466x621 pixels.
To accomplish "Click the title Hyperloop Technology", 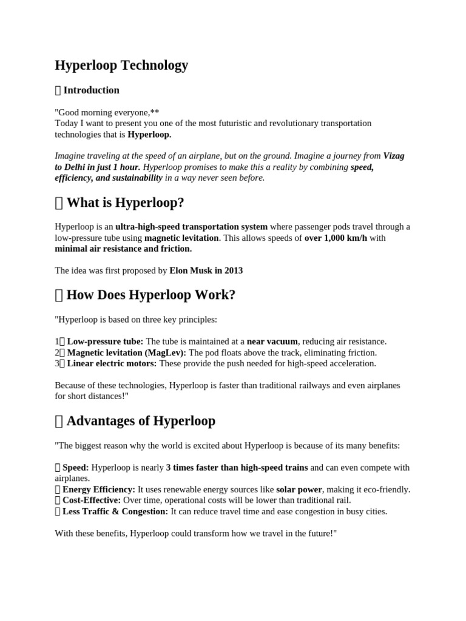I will pos(121,65).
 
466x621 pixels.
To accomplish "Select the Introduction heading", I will pos(91,90).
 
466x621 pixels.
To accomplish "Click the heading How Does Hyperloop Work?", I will pos(150,295).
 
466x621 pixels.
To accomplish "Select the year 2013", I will pos(232,270).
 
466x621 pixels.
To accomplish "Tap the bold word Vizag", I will pos(394,156).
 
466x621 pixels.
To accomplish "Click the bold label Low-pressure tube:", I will pos(105,341).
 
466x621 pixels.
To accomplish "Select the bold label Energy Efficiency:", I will pos(99,489).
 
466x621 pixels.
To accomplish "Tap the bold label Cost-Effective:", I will pos(92,500).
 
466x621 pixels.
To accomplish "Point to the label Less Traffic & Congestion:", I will pos(115,511).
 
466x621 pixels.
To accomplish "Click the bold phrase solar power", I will pos(299,489).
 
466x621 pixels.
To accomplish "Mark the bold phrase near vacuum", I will pos(272,341).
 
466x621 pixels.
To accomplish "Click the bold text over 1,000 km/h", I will pos(336,238).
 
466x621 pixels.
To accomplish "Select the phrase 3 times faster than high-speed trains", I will pos(237,468).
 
